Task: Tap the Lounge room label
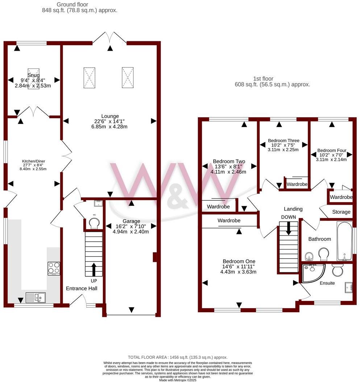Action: tap(110, 116)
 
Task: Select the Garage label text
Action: tap(131, 221)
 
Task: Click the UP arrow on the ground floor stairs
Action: tap(94, 269)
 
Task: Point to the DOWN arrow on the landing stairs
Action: tap(289, 228)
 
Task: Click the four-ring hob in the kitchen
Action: tap(54, 268)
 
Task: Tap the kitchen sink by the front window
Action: tap(35, 297)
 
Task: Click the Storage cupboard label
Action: tap(341, 212)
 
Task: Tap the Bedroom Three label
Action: tap(284, 140)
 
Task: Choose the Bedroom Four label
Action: tap(332, 150)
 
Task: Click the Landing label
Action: tap(293, 209)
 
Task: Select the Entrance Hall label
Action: tap(81, 288)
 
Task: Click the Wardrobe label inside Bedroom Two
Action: tap(218, 207)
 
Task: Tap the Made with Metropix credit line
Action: tap(180, 379)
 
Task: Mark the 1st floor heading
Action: tap(264, 78)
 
